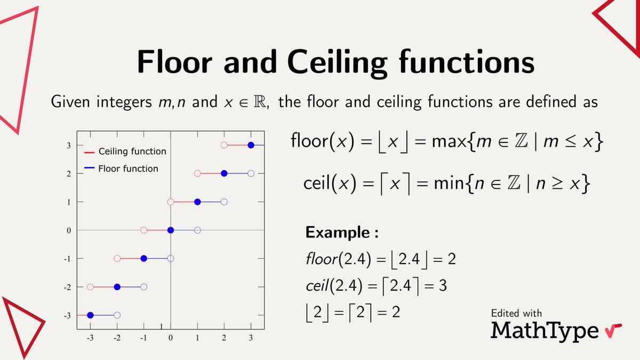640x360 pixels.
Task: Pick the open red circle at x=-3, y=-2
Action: pos(90,287)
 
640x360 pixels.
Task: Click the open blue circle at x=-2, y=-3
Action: pos(117,315)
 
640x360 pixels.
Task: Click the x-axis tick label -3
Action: pos(90,338)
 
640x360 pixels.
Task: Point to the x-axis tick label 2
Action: pos(224,338)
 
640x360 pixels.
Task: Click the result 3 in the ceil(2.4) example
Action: pos(442,286)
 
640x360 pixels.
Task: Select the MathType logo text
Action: pos(545,330)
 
